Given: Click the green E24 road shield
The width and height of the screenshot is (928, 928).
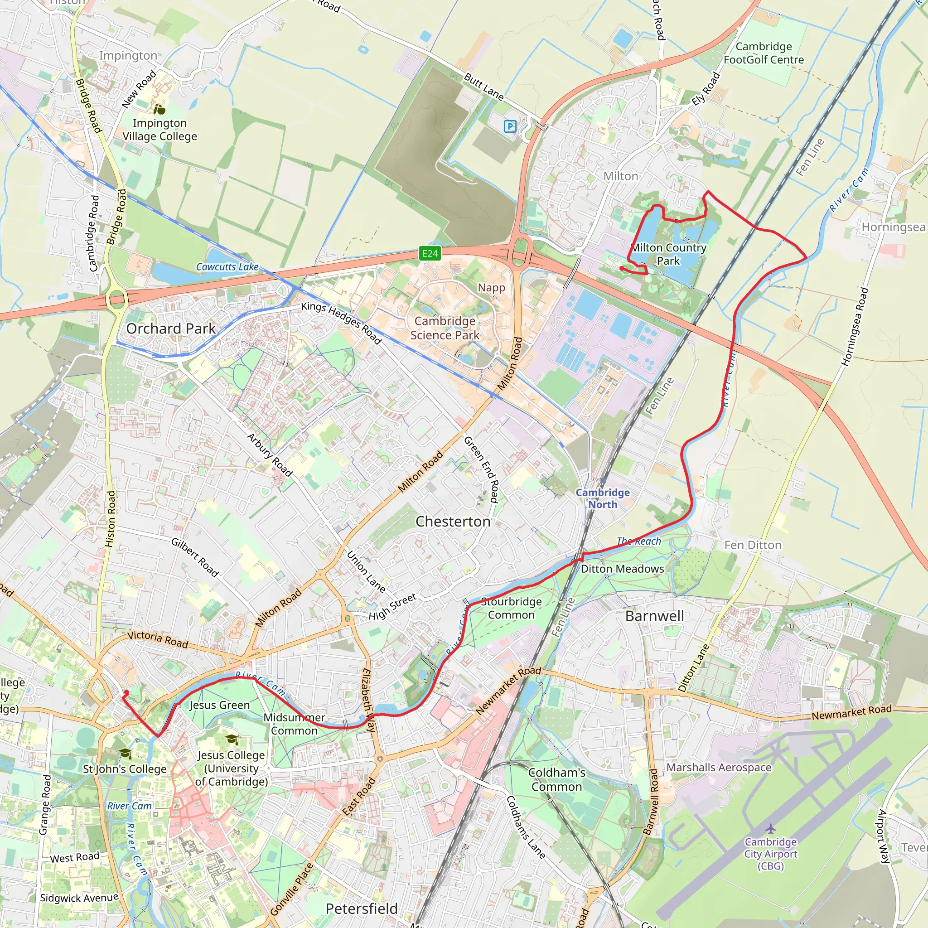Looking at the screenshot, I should tap(430, 254).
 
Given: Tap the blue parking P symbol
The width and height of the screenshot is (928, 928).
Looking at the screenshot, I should tap(510, 127).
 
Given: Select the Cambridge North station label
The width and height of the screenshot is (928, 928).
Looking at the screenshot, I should tap(603, 498).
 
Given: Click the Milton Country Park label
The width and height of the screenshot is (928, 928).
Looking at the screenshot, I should tap(668, 254).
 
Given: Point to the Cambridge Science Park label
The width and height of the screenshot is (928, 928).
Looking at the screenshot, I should tap(445, 328).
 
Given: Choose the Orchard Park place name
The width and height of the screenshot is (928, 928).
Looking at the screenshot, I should tap(171, 329).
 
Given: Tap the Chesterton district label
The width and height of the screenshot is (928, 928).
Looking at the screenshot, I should tap(453, 522).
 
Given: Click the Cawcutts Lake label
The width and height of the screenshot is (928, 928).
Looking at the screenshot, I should tap(227, 266).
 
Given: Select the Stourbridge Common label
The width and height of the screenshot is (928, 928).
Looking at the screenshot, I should tap(511, 608).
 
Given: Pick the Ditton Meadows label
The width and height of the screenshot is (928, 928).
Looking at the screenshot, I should tap(623, 569).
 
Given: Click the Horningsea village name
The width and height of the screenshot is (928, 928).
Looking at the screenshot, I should tap(893, 227).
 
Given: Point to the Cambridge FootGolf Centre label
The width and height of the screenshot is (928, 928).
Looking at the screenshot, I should tap(764, 53).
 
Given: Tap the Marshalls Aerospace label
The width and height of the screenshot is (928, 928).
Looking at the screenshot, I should tap(719, 768).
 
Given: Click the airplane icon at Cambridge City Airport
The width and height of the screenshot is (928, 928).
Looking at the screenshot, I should tap(770, 829).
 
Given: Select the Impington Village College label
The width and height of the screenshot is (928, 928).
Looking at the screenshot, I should tap(159, 130).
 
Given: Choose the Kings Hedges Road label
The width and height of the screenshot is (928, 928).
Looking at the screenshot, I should tap(341, 323).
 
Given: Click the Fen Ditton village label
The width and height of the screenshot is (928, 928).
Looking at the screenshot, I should tap(753, 545).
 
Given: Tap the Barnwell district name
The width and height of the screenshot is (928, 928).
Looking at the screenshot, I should tap(655, 616).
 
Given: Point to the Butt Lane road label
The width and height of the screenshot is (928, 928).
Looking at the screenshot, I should tap(483, 87).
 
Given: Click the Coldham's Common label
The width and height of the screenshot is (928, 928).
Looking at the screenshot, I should tap(557, 779).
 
